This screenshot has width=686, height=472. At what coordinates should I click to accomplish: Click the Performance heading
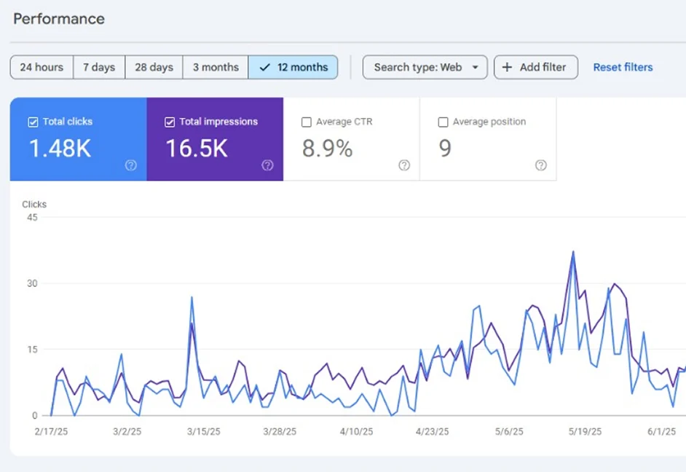coord(59,19)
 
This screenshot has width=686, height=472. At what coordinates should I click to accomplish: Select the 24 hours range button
coord(42,67)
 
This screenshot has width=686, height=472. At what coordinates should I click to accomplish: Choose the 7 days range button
coord(99,67)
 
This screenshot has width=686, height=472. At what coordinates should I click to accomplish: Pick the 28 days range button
coord(154,67)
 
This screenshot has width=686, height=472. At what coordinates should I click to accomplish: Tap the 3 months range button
coord(216,67)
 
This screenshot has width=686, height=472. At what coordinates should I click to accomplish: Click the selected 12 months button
coord(293,67)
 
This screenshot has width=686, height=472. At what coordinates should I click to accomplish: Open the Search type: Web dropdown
coord(425,67)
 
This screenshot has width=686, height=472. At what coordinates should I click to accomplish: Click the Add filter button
coord(535,67)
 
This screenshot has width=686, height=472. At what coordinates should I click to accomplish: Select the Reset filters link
coord(623,67)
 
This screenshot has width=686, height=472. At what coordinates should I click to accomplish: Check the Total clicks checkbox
coord(33,122)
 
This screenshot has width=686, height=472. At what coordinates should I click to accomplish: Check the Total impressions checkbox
coord(170,122)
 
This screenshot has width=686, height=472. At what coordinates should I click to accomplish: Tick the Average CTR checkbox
coord(307,122)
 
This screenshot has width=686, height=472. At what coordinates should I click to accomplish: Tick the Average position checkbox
coord(443,122)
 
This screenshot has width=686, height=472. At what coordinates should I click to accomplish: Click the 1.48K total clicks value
coord(60,149)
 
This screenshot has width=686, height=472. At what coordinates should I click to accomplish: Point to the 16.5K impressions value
coord(197,149)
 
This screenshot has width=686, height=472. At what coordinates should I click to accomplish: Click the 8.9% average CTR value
coord(327,149)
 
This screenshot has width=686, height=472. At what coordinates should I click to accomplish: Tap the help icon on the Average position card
coord(540,165)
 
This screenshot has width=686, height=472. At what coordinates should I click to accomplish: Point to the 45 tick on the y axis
coord(31,217)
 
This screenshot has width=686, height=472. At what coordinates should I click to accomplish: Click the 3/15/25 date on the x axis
coord(203,431)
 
